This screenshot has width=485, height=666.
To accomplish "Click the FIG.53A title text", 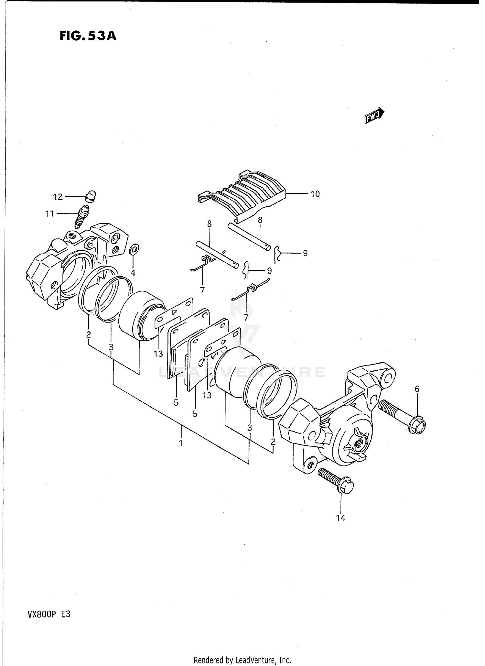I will click(88, 36).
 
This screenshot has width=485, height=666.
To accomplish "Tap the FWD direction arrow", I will click(374, 115).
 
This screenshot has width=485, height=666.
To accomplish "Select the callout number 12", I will click(58, 197).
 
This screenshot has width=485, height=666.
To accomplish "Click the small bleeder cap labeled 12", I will click(91, 196).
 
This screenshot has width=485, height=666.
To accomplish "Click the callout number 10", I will click(315, 194).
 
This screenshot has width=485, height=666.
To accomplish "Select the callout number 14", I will click(340, 518).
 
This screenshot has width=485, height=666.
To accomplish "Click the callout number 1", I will click(181, 443).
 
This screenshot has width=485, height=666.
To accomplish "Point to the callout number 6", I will click(417, 389).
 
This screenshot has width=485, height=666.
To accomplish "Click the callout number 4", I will click(133, 273).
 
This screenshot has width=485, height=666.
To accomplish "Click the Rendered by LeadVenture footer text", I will click(242, 660).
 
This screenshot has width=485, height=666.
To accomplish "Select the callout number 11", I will click(49, 214).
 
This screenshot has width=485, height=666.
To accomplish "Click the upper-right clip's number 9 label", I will click(305, 253).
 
